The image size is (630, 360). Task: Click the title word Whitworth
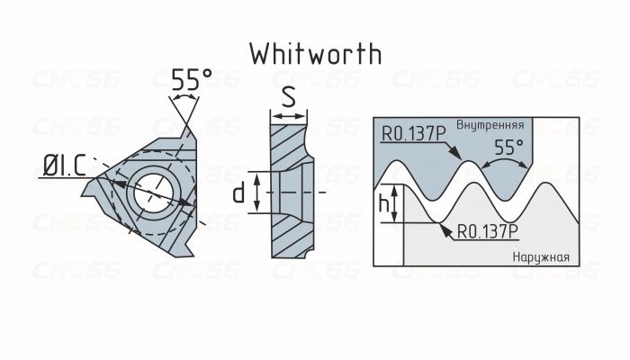315,53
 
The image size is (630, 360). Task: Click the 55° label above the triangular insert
191,80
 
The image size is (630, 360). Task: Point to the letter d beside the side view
238,193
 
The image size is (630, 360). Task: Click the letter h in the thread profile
384,206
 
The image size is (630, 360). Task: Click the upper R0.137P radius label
413,135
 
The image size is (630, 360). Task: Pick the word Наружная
541,257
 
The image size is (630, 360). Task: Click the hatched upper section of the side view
288,144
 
